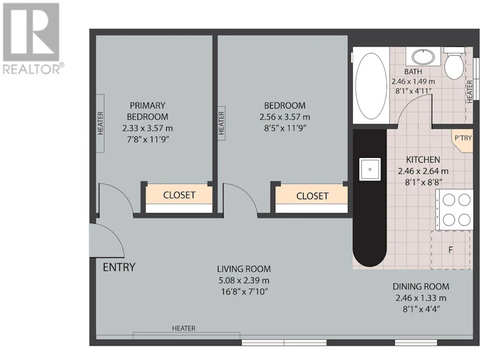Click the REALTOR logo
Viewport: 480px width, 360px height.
tap(31, 38)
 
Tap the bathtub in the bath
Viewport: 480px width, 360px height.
tap(371, 86)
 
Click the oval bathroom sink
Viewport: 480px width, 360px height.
tap(423, 56)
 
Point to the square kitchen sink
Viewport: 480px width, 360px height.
tap(370, 169)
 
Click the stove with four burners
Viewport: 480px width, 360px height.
tap(454, 209)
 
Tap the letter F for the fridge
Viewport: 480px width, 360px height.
tap(451, 250)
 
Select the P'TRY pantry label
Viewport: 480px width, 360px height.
tap(463, 138)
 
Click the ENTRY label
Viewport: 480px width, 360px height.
tap(119, 267)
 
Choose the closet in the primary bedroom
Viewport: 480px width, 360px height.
tap(179, 195)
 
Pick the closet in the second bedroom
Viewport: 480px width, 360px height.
tap(311, 196)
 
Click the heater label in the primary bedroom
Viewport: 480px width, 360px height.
tap(100, 124)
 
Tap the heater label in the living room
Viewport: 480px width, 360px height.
tap(184, 328)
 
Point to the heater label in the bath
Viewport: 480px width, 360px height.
tap(470, 92)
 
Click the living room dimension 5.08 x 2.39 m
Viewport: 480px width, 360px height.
tap(244, 280)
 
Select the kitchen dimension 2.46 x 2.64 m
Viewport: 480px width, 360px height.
tap(423, 171)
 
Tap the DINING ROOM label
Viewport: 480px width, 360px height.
tap(421, 287)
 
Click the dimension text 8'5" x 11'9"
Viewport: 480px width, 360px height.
tap(285, 128)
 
